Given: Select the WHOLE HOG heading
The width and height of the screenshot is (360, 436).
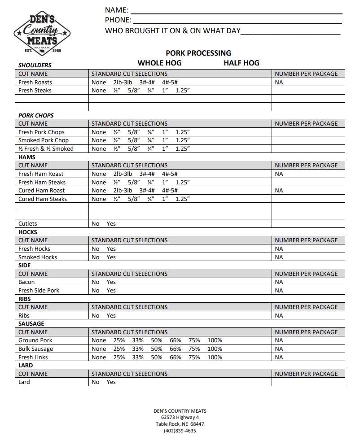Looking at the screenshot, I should (159, 63).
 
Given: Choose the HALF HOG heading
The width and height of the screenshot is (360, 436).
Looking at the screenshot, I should (241, 63).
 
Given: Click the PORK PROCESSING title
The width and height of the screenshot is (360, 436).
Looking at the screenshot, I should (198, 53).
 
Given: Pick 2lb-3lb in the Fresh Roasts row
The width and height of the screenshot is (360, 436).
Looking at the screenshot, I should (123, 82).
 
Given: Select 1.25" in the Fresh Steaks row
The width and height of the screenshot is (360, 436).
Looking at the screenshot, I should (183, 91).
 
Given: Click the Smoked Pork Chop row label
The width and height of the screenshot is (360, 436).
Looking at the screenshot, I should (44, 140).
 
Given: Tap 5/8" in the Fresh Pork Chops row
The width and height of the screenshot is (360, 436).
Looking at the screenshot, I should (134, 132).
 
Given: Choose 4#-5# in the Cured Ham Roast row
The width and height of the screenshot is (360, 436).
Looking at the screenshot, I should (170, 191).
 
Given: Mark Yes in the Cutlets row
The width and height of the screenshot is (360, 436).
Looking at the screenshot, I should (111, 224).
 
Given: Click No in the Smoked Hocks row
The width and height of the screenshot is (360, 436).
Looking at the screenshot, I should (96, 257).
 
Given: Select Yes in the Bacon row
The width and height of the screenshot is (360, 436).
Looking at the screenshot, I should (111, 282).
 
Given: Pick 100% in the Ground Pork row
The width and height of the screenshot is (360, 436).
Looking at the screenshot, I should (215, 340).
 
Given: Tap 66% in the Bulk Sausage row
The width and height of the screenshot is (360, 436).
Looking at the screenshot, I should (176, 349).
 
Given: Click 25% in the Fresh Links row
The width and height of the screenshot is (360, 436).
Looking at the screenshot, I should (119, 358).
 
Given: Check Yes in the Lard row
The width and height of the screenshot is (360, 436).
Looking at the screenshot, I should (111, 382).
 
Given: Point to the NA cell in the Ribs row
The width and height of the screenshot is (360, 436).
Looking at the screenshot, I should (279, 316).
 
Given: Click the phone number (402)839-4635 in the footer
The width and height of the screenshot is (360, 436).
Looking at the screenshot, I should (180, 431).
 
